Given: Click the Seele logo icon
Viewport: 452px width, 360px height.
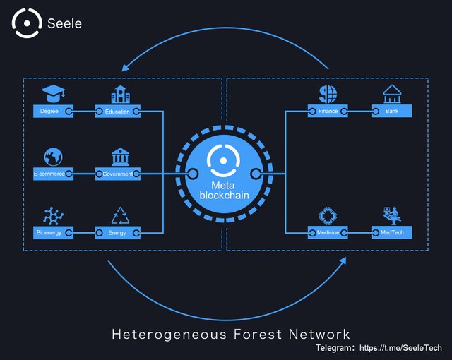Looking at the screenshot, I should pyautogui.click(x=26, y=23).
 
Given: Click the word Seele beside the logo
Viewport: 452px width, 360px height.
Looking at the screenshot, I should pyautogui.click(x=65, y=23).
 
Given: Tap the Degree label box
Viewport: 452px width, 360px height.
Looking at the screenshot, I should pyautogui.click(x=52, y=111).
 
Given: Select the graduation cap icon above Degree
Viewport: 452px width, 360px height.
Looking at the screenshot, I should pyautogui.click(x=52, y=93).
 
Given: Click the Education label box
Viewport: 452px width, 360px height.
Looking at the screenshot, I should pyautogui.click(x=118, y=111).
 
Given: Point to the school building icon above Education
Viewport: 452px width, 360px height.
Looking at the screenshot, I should pyautogui.click(x=121, y=94).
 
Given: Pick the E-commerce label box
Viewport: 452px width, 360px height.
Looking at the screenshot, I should pyautogui.click(x=52, y=173).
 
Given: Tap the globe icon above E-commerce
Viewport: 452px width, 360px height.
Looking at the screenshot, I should pyautogui.click(x=52, y=156).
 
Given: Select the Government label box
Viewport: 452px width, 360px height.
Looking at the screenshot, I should pyautogui.click(x=118, y=173).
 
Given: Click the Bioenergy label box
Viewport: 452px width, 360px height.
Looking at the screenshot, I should pyautogui.click(x=52, y=232).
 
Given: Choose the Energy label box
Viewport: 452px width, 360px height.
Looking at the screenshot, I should pyautogui.click(x=118, y=232).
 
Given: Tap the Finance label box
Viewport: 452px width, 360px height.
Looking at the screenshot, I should pyautogui.click(x=328, y=111).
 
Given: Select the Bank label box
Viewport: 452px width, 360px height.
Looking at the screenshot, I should pyautogui.click(x=392, y=111).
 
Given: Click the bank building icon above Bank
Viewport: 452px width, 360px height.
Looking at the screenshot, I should pyautogui.click(x=391, y=94).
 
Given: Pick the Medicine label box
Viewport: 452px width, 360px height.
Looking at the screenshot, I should pyautogui.click(x=328, y=232).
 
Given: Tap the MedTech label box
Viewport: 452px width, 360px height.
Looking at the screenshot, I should pyautogui.click(x=392, y=232).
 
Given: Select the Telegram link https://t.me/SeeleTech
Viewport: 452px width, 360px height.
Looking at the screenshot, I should pyautogui.click(x=400, y=349).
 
